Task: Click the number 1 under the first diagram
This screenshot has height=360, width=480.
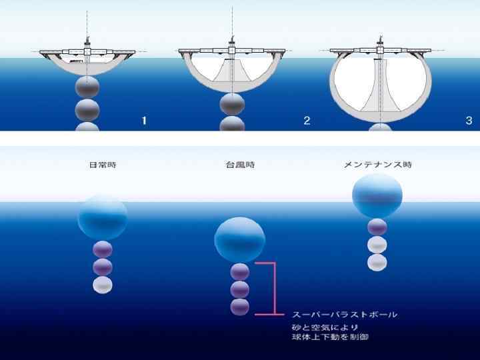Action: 143,120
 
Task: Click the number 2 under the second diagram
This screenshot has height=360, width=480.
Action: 306,120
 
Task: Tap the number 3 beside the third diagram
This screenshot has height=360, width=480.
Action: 469,120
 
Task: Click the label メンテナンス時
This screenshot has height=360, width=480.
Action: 377,165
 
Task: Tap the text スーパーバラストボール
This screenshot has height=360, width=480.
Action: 345,313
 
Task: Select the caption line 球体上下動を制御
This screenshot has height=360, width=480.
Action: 331,337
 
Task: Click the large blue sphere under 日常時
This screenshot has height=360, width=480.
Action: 102,216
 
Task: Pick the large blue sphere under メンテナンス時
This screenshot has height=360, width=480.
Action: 377,195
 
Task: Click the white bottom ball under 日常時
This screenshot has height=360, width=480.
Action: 102,285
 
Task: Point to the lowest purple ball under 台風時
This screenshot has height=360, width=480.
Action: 239,307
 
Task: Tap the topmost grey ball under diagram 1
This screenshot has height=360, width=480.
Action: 87,87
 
